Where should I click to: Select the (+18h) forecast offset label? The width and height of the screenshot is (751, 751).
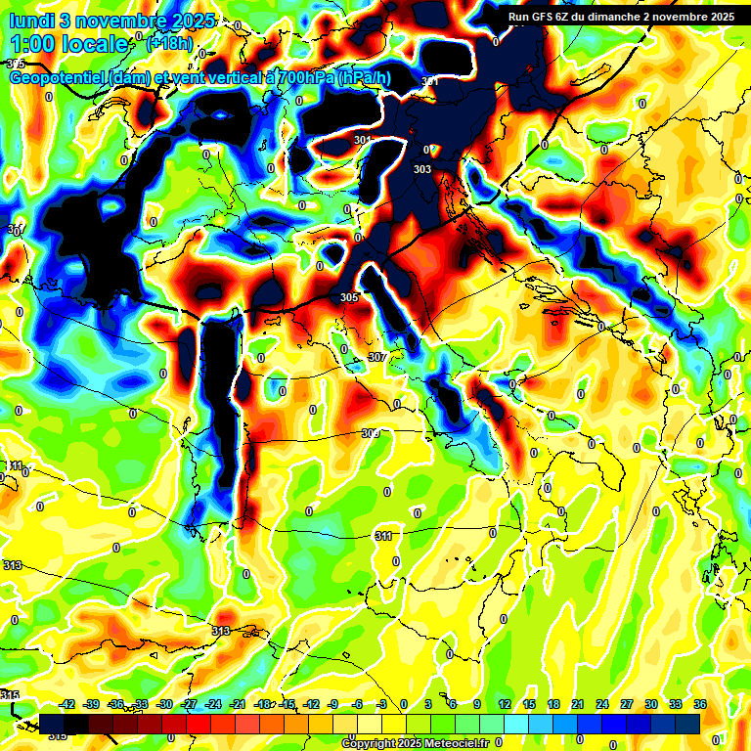coord(169,43)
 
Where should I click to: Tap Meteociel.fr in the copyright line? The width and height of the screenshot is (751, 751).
coord(451,743)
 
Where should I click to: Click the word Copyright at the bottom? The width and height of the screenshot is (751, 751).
coord(371,743)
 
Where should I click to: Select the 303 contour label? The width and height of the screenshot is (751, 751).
coord(422,169)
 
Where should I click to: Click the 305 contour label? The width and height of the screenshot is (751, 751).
coord(349,297)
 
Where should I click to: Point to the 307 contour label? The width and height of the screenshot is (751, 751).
coord(376,358)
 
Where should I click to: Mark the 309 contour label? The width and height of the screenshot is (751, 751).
coord(370,433)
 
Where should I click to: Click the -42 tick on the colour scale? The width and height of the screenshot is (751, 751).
coord(67,704)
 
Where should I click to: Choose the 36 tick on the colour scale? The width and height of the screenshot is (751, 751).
coord(700,704)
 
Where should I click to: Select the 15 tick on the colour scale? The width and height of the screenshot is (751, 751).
coord(529,704)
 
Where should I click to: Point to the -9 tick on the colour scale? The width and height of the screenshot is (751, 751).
coord(333,704)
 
